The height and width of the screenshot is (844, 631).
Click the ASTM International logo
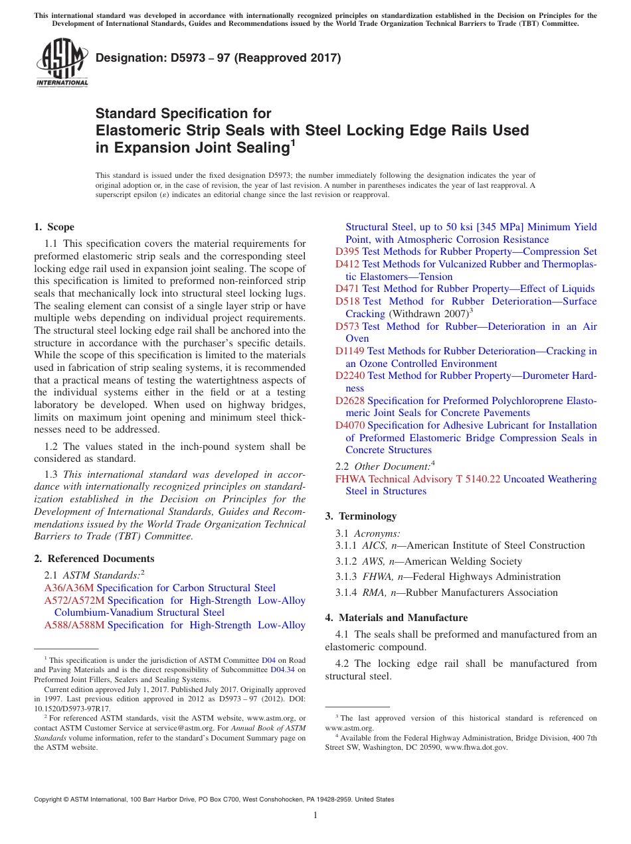pos(62,62)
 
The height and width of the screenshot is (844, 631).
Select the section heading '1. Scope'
pos(54,227)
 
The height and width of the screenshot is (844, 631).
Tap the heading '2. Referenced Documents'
pos(94,559)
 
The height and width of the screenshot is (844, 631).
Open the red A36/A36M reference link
pos(69,588)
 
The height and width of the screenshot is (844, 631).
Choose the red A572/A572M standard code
pos(74,600)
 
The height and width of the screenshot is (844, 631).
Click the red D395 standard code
pos(347,251)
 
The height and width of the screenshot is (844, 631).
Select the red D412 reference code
pos(347,264)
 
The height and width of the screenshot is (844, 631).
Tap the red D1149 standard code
pos(350,351)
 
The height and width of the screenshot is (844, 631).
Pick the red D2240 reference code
pos(350,376)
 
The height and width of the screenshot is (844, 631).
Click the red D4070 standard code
pos(350,425)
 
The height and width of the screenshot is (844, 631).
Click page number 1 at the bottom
pos(315,815)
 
